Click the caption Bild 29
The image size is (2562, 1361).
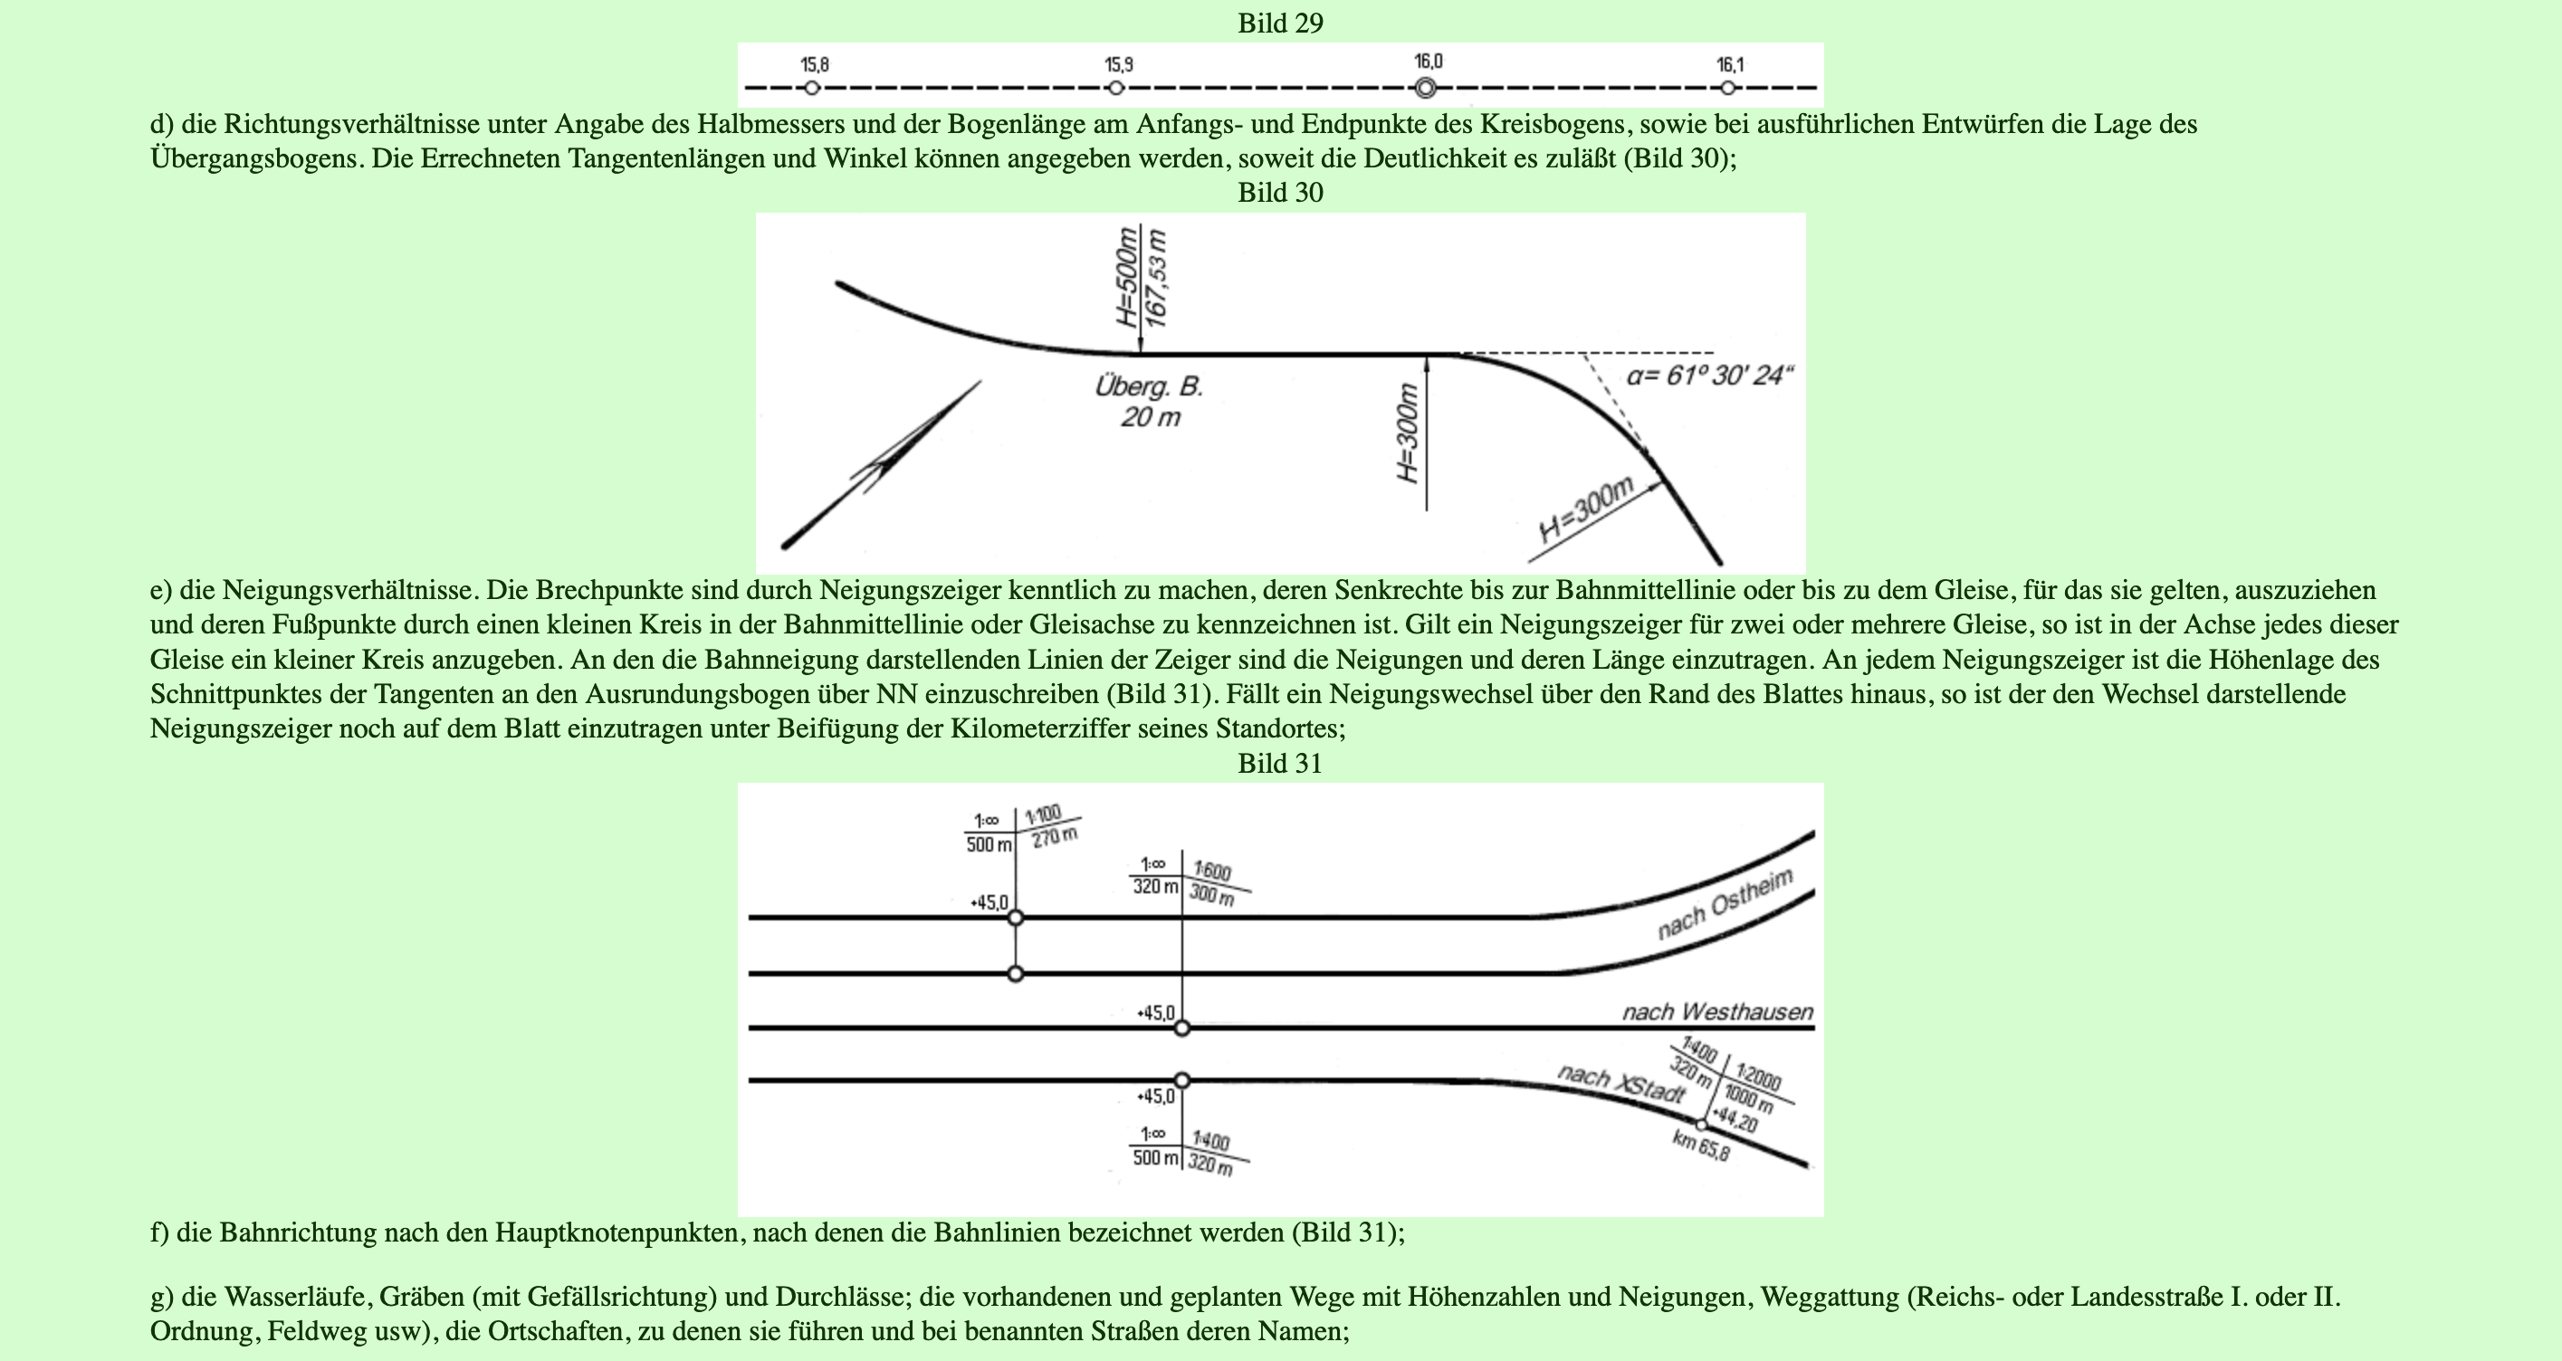click(x=1280, y=23)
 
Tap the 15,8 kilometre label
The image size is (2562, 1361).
click(x=815, y=64)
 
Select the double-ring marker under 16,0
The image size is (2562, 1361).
click(x=1425, y=89)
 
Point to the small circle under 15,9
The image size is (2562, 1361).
click(x=1116, y=89)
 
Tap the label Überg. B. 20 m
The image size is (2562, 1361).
click(x=1150, y=402)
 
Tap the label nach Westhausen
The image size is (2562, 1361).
click(x=1717, y=1012)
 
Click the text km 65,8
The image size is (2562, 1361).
click(x=1701, y=1147)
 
